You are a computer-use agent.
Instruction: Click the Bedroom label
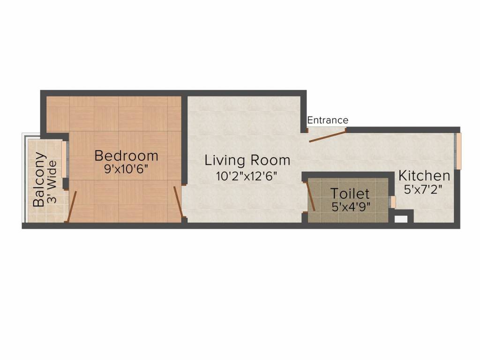(126, 156)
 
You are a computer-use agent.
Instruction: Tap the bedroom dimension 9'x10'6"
(126, 169)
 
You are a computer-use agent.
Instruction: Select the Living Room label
(247, 161)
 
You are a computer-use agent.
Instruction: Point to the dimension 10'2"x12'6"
(247, 176)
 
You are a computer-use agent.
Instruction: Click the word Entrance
(328, 120)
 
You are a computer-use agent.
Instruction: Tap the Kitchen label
(424, 176)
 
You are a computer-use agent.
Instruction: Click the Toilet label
(350, 194)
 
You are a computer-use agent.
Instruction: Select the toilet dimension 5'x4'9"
(351, 207)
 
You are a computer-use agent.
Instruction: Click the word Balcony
(40, 179)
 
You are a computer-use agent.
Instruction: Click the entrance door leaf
(327, 136)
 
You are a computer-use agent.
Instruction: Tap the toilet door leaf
(310, 196)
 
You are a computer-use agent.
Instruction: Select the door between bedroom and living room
(178, 202)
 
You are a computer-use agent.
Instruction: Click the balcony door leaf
(71, 206)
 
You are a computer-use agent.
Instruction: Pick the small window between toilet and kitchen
(393, 202)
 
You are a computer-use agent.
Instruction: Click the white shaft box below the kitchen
(401, 218)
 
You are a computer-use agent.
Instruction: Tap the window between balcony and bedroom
(64, 159)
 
